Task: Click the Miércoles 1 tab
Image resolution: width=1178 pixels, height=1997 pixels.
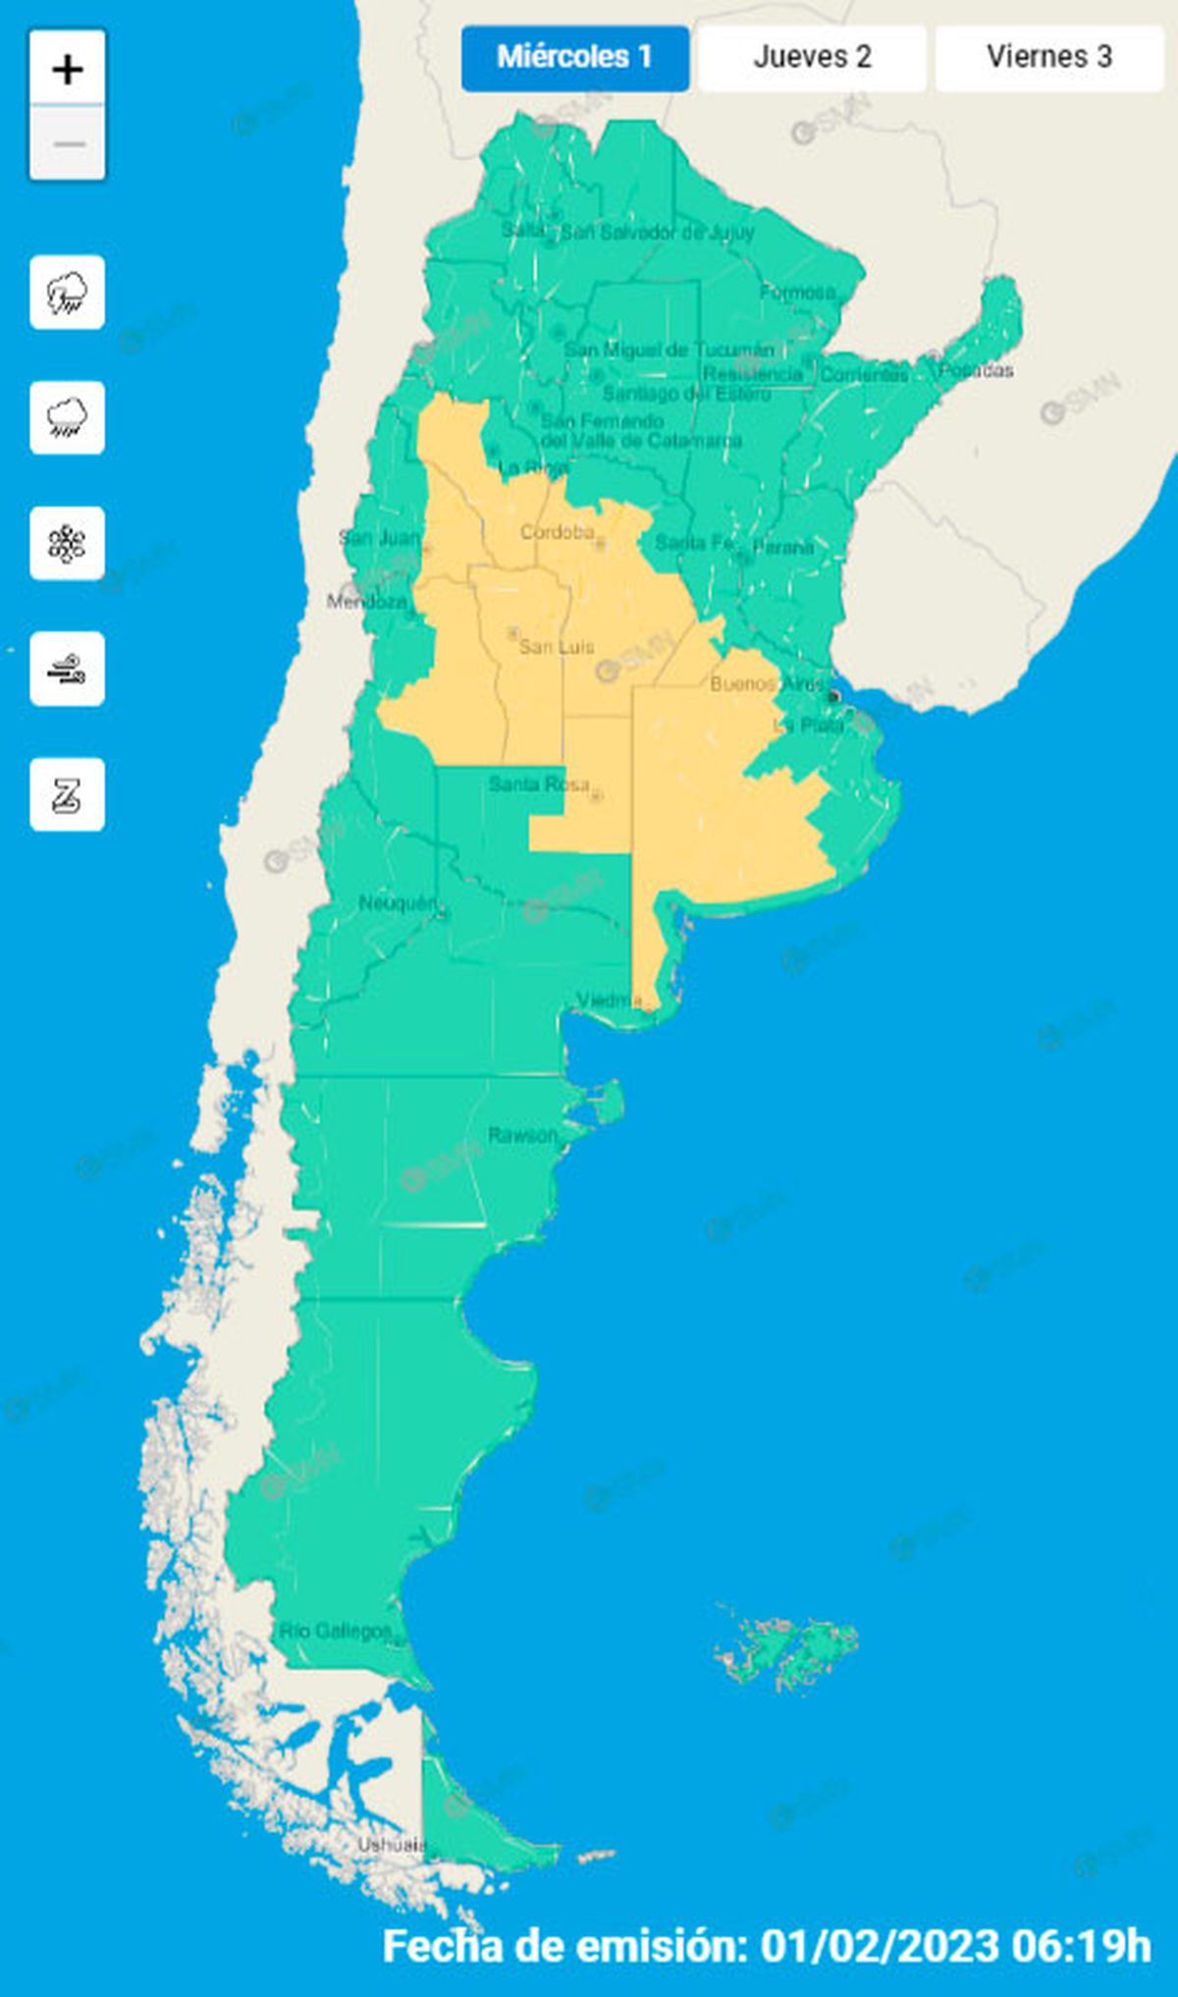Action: tap(574, 57)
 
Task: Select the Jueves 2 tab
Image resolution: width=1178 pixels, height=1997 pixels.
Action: tap(812, 57)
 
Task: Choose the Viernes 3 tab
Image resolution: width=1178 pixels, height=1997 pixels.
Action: tap(1048, 57)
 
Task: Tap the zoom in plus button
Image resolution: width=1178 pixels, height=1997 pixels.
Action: tap(67, 69)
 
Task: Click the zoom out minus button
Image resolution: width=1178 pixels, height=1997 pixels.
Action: tap(67, 143)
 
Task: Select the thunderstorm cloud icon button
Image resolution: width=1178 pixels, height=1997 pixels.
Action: tap(67, 293)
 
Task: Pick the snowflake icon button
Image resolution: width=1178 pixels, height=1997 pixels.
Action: tap(67, 544)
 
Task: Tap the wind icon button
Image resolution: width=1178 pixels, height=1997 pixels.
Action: tap(67, 670)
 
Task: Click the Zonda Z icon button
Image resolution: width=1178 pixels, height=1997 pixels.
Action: tap(67, 795)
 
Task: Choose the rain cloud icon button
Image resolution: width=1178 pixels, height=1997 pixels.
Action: tap(67, 418)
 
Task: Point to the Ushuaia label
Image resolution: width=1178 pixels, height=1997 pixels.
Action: tap(391, 1845)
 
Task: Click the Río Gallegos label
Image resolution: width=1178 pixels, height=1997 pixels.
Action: tap(335, 1632)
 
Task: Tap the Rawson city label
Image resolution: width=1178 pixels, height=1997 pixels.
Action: tap(522, 1136)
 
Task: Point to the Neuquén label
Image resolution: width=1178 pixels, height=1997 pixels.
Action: tap(397, 903)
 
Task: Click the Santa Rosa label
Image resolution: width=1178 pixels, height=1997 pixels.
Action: tap(539, 784)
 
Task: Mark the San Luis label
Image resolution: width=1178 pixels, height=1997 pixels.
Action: tap(556, 647)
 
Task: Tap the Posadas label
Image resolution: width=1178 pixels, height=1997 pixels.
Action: tap(976, 370)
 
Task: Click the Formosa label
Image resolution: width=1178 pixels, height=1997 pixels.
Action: tap(797, 293)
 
